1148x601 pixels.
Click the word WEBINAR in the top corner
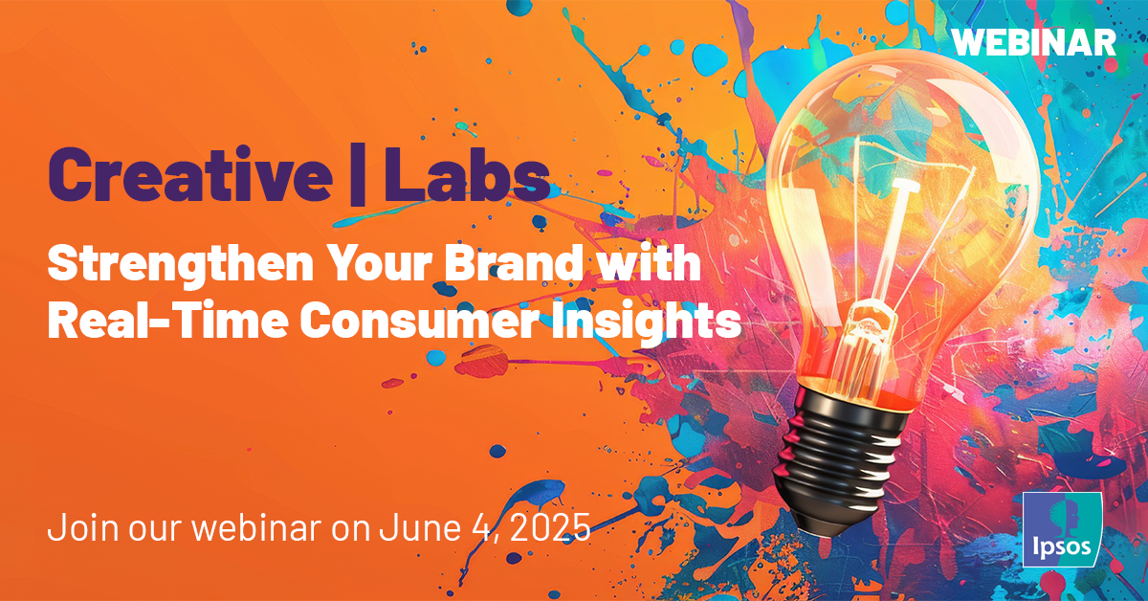pyautogui.click(x=1035, y=41)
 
